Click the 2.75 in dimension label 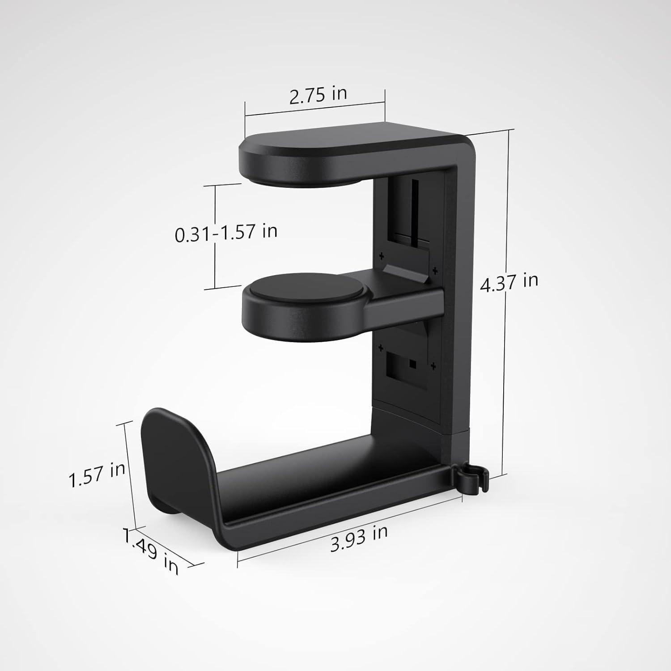coord(318,95)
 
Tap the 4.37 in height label coord(509,282)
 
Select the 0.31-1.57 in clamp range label coord(226,233)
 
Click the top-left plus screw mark coord(382,256)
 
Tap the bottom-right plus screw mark coord(433,366)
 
